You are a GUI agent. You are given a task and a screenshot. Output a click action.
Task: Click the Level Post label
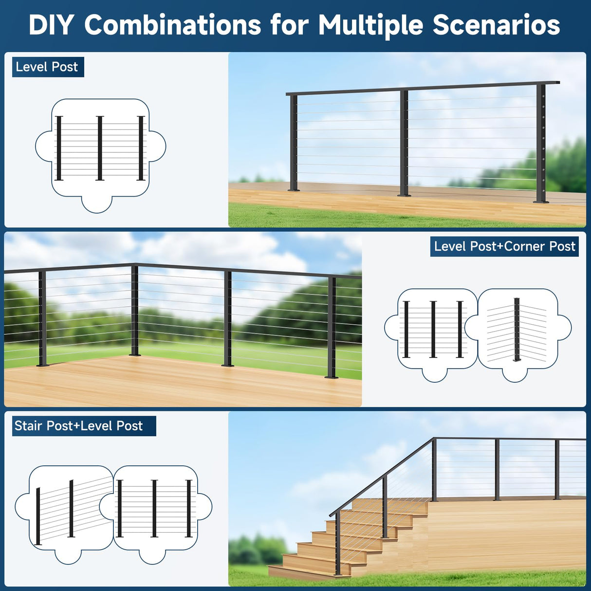[47, 67]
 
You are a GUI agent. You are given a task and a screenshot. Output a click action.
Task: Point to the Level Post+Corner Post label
[504, 246]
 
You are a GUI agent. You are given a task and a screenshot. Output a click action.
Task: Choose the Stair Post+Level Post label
[79, 426]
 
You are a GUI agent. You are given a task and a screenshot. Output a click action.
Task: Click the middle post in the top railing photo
[404, 143]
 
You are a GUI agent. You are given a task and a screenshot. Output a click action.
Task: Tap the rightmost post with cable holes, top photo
[541, 143]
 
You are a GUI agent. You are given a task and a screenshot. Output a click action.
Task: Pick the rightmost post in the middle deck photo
[332, 327]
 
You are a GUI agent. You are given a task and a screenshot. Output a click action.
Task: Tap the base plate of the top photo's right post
[541, 201]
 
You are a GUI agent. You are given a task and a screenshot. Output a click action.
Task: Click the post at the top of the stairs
[434, 470]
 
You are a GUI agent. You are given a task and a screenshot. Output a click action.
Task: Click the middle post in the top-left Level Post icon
[100, 148]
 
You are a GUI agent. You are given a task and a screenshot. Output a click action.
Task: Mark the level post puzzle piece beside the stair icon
[155, 509]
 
